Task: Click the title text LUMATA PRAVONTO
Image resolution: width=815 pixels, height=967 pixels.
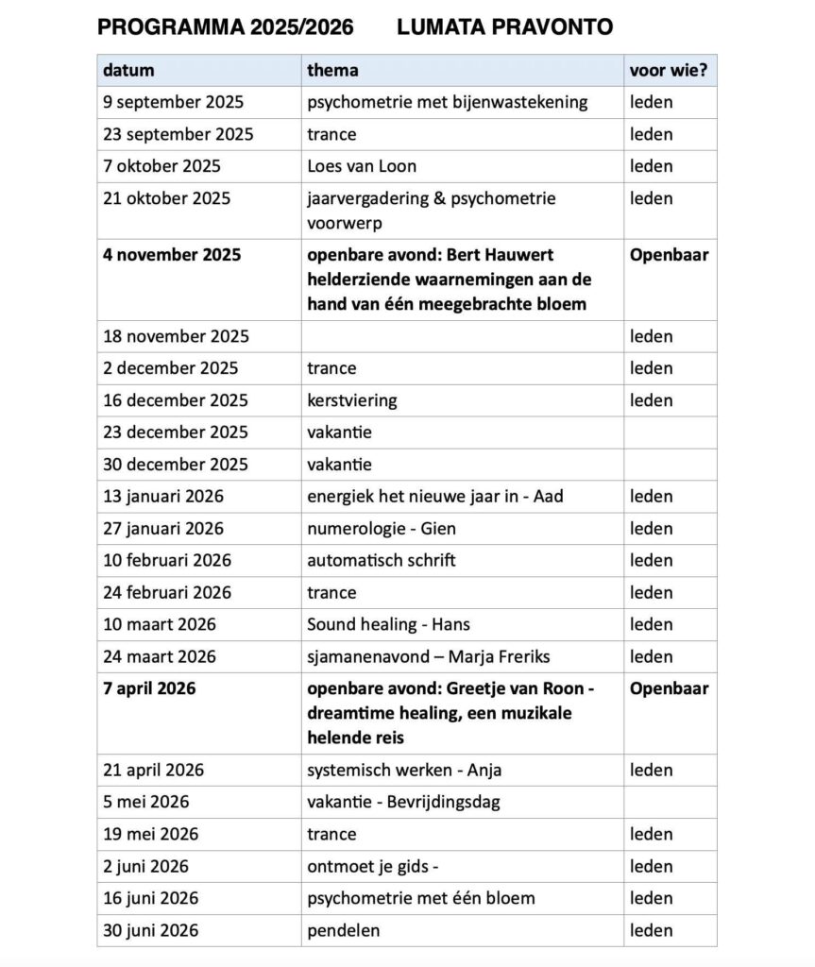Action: pos(504,27)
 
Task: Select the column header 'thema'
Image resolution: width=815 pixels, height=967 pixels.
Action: pos(332,70)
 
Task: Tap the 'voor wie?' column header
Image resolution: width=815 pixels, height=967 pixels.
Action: pos(669,70)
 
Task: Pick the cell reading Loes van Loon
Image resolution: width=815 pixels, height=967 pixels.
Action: pos(362,166)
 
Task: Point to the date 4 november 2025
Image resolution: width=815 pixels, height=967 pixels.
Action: pos(172,255)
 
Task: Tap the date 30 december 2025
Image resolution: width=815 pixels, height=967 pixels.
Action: pos(176,465)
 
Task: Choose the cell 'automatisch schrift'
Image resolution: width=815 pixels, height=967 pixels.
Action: pos(382,561)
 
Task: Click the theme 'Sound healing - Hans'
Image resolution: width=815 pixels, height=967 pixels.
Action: pos(388,625)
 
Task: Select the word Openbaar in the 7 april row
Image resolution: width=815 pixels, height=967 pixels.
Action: pos(669,688)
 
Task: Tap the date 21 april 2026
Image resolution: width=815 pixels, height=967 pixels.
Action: pos(153,771)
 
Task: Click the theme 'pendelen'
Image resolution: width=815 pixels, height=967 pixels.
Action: pos(344,931)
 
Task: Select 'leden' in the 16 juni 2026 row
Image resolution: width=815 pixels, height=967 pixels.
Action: pos(652,899)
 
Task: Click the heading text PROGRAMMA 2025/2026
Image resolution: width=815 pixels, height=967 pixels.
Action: pos(226,27)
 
